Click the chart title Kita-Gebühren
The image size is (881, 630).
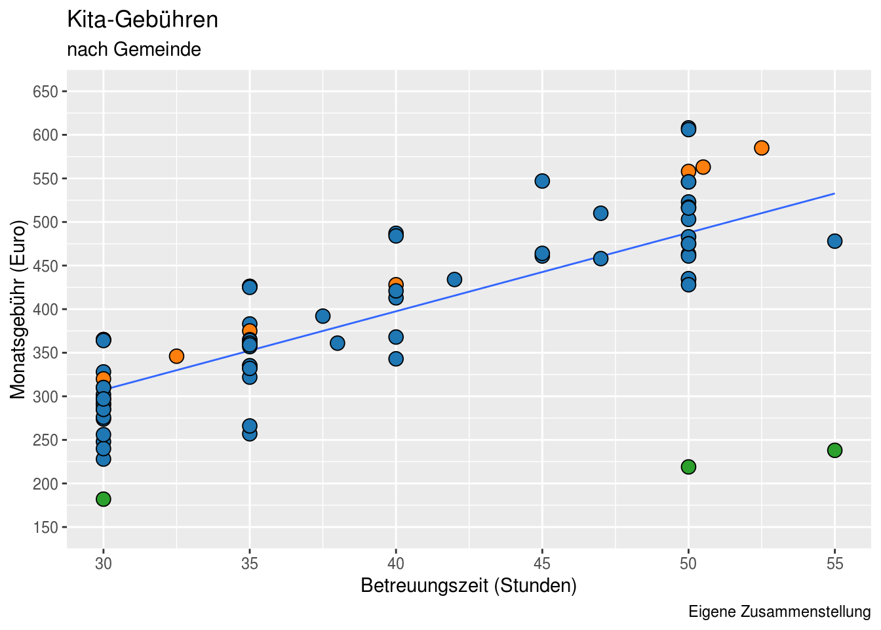[x=143, y=20]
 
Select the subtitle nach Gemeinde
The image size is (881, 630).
[x=134, y=49]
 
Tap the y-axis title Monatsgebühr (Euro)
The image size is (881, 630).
[x=18, y=309]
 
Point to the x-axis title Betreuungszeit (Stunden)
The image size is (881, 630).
[x=469, y=585]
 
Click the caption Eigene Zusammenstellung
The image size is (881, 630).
[x=779, y=612]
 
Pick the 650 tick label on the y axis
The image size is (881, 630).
[x=45, y=91]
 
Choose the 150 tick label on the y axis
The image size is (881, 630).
[x=45, y=527]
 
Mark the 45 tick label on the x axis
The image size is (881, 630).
[x=542, y=563]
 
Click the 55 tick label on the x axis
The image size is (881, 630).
[x=834, y=563]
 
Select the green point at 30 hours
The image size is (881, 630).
[x=104, y=499]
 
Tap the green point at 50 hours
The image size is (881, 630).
[x=688, y=467]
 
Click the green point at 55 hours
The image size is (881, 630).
[x=834, y=450]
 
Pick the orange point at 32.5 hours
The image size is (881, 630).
[x=176, y=356]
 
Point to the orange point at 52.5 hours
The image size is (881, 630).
[x=761, y=148]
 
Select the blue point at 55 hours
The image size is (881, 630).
[x=834, y=241]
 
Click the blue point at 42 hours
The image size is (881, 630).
[x=454, y=280]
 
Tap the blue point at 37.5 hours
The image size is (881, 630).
[x=323, y=316]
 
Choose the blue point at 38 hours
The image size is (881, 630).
[x=338, y=343]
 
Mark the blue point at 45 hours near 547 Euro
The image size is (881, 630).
[x=542, y=181]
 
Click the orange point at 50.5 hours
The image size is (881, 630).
[x=703, y=167]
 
